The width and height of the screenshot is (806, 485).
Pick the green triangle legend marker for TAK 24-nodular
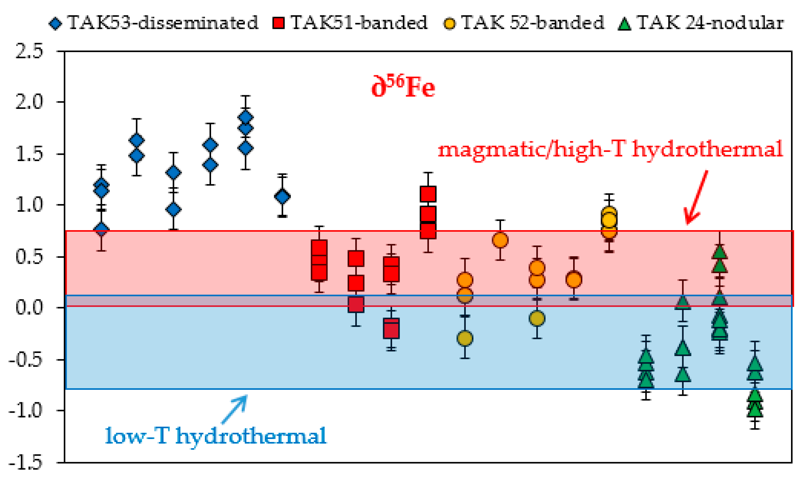pyautogui.click(x=624, y=24)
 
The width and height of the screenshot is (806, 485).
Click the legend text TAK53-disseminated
pyautogui.click(x=163, y=23)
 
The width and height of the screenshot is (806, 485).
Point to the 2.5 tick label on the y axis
pyautogui.click(x=29, y=51)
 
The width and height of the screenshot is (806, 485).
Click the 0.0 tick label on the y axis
pyautogui.click(x=29, y=308)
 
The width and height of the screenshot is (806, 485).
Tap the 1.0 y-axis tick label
pyautogui.click(x=29, y=205)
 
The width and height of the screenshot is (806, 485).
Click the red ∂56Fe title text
pyautogui.click(x=403, y=87)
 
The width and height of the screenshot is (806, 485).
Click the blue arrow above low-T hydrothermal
pyautogui.click(x=235, y=408)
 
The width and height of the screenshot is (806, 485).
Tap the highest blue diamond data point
pyautogui.click(x=246, y=117)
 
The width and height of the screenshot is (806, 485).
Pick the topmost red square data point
pyautogui.click(x=428, y=194)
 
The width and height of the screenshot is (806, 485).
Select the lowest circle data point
pyautogui.click(x=465, y=338)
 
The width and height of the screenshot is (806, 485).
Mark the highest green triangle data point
pyautogui.click(x=720, y=252)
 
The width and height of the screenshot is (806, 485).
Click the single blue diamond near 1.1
pyautogui.click(x=282, y=197)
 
